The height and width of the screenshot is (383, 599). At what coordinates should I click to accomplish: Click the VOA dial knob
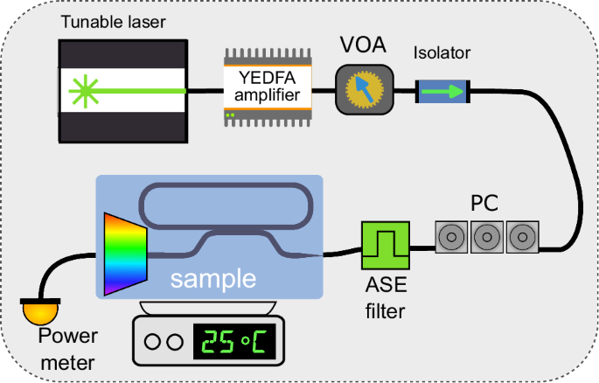click(361, 89)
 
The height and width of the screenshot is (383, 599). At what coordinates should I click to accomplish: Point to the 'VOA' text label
click(360, 45)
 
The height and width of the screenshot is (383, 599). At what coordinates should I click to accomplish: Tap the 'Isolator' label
click(442, 53)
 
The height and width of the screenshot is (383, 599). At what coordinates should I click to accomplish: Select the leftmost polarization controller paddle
click(451, 236)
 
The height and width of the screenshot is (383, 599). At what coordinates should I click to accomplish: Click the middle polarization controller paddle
click(486, 236)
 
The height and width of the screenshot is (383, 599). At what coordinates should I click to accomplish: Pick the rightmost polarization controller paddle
click(521, 236)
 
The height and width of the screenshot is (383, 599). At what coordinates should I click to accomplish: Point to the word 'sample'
click(213, 279)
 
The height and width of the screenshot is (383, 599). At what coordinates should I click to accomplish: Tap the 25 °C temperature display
click(234, 341)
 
